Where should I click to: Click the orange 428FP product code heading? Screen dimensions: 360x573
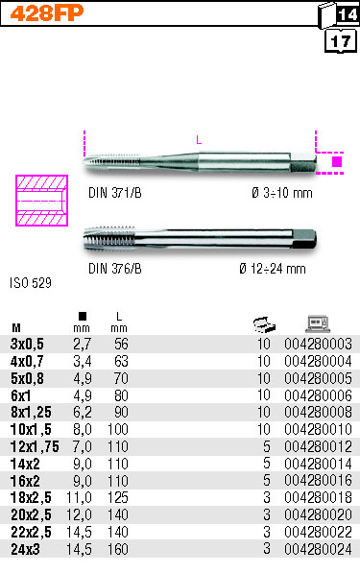47,13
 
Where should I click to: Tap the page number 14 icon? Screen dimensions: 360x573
339,14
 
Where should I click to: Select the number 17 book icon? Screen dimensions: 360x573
341,41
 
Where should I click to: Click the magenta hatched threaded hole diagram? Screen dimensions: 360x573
41,201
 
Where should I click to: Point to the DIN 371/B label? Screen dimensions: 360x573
115,193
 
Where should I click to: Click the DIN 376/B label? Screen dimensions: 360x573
115,269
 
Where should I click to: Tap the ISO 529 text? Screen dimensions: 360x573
31,283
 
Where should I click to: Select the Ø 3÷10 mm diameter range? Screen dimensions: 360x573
282,193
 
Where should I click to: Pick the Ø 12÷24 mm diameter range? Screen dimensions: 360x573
273,269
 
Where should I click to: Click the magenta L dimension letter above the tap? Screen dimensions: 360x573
199,139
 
